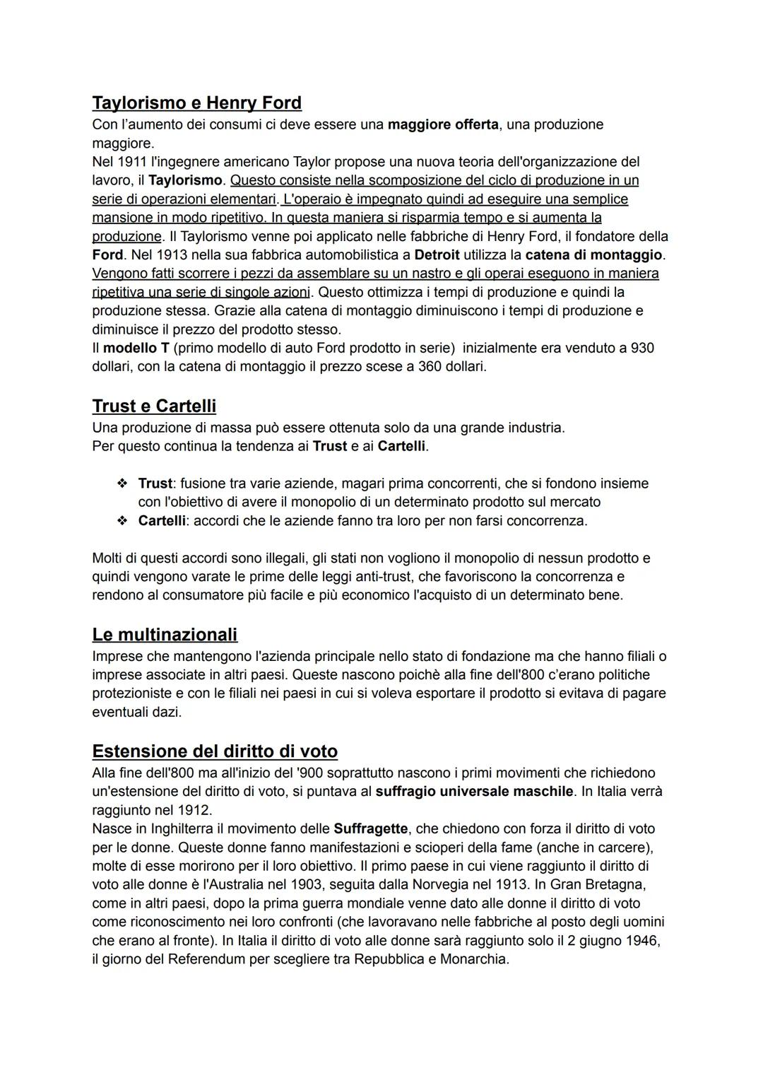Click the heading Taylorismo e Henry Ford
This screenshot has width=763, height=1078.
pos(196,103)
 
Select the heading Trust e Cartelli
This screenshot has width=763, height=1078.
pos(154,406)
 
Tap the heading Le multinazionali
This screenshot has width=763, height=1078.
pos(165,635)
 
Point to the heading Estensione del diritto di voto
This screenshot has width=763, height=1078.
pos(215,751)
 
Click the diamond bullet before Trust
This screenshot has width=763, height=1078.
pos(122,484)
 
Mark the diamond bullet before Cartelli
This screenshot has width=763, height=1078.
pos(122,521)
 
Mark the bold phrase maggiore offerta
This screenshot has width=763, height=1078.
pos(443,124)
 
